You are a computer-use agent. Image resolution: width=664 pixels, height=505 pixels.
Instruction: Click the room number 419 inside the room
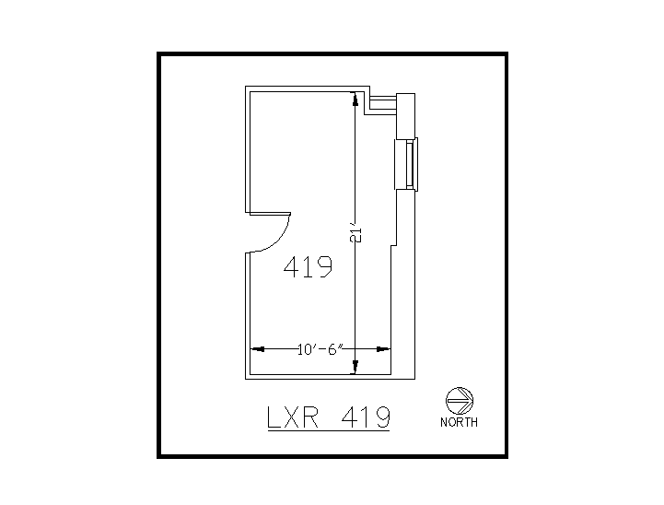[x=308, y=268]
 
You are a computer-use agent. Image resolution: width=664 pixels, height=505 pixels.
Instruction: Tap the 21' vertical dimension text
[x=355, y=234]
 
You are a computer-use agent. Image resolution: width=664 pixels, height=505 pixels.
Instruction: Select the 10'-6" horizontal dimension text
[x=320, y=349]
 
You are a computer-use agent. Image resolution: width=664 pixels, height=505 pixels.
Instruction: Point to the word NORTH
[x=459, y=423]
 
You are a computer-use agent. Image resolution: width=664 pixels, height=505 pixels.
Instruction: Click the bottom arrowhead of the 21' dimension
[x=355, y=369]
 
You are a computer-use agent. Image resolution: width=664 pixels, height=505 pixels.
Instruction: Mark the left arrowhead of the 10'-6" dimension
[x=258, y=349]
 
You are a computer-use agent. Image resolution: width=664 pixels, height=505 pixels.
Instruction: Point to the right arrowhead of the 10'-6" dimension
[x=385, y=349]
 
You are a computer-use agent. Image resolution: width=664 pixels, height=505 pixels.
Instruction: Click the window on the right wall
[x=406, y=163]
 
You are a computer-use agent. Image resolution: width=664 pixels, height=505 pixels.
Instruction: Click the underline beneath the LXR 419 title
[x=328, y=431]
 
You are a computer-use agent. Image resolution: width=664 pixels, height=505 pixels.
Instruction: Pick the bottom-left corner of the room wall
[x=246, y=377]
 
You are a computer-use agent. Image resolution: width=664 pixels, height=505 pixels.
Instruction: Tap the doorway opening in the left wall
[x=248, y=232]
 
